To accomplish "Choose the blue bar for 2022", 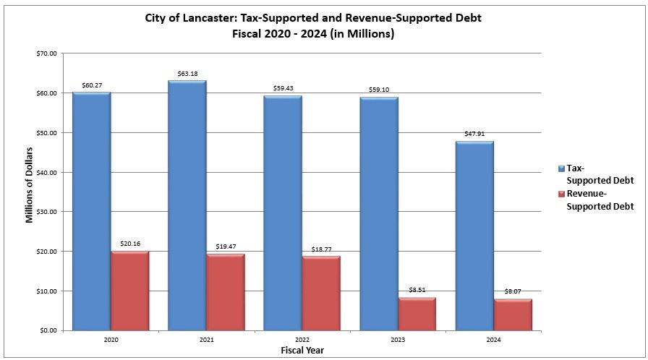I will [x=283, y=213].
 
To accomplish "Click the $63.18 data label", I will [x=187, y=74].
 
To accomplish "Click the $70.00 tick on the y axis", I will [x=46, y=54].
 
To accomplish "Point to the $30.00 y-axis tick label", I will [x=46, y=212].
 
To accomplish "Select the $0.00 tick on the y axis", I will [x=47, y=330].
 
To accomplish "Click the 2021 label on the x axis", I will [x=206, y=339].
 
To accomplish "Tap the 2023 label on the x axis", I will [x=398, y=339].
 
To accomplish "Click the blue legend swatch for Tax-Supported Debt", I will [x=561, y=168].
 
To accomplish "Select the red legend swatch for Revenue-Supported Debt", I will [x=561, y=194].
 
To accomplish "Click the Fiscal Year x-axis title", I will [x=302, y=350].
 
